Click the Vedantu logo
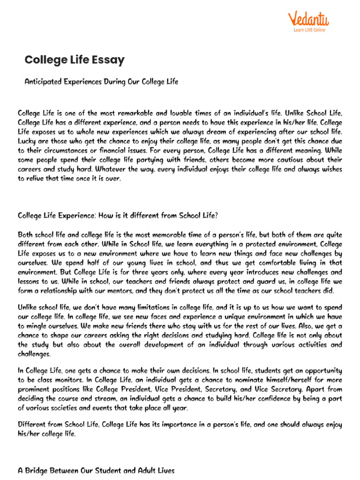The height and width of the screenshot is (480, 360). point(308,19)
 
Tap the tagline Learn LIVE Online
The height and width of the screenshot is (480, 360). point(309,30)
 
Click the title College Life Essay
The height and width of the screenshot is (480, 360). point(75,60)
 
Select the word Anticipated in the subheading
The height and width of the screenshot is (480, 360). point(43,82)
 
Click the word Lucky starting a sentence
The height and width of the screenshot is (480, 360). point(27,141)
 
